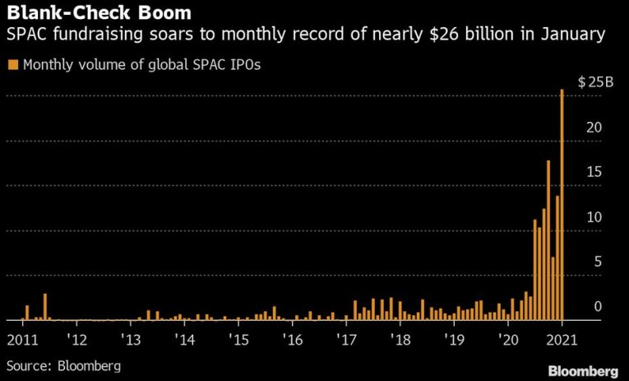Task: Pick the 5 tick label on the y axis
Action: tap(598, 262)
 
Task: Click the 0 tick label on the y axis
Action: tap(598, 307)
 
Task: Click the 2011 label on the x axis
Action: tap(23, 340)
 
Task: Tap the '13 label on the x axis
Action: tap(130, 340)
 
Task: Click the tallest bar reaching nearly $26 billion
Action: tap(562, 206)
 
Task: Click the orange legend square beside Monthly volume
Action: tap(12, 63)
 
